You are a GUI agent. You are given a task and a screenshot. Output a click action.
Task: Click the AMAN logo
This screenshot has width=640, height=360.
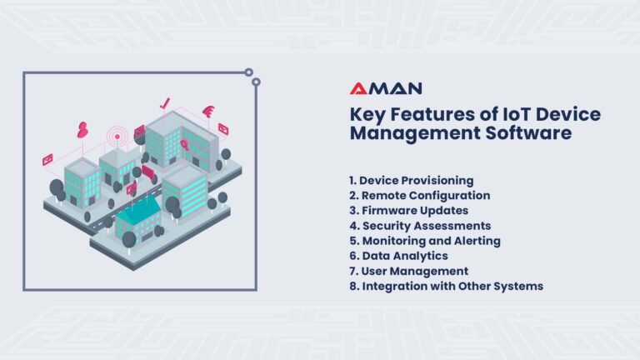[x=385, y=88]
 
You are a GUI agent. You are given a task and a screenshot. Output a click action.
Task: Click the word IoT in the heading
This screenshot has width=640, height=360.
[x=502, y=114]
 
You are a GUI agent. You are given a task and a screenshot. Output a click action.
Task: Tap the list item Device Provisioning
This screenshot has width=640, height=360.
[x=412, y=180]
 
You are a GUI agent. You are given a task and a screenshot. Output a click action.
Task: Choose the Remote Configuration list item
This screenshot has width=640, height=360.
[x=419, y=195]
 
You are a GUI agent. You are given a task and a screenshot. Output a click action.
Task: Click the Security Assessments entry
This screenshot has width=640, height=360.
[x=420, y=225]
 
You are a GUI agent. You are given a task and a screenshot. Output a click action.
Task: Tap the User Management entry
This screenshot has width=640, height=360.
[x=408, y=270]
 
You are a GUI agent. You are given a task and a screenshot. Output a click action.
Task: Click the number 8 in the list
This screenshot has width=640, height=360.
[x=353, y=285]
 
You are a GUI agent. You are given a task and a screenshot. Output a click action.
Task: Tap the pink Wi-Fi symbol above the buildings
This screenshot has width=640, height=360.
[x=207, y=111]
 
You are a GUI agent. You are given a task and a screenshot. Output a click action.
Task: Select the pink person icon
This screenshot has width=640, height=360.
[x=82, y=129]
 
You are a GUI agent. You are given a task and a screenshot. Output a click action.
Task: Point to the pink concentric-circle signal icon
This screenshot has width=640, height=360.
[x=117, y=136]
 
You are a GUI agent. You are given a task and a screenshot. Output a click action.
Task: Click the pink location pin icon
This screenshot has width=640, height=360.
[x=184, y=144]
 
